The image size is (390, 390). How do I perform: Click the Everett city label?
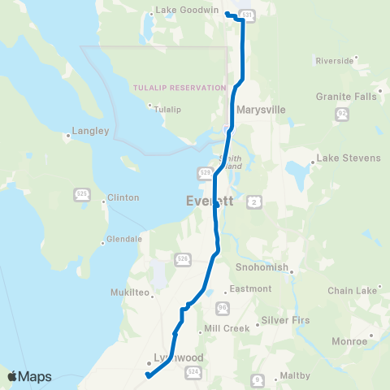pyautogui.click(x=209, y=201)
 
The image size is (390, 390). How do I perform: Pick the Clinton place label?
pyautogui.click(x=123, y=197)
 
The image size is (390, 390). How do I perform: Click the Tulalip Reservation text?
pyautogui.click(x=179, y=88)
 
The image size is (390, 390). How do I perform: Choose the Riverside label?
pyautogui.click(x=335, y=60)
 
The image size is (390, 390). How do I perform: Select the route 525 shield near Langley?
pyautogui.click(x=81, y=193)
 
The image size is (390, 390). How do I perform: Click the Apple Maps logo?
pyautogui.click(x=29, y=376)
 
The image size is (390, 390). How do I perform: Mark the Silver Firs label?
pyautogui.click(x=284, y=320)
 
